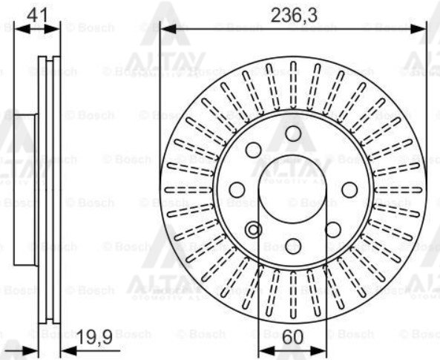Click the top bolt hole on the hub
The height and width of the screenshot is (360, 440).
pos(294,134)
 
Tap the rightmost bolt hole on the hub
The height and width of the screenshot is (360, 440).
pos(349,189)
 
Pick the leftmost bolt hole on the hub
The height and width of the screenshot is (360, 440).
pos(237,189)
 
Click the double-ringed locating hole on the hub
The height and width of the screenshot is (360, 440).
pos(255,229)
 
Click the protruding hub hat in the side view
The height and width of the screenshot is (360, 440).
pos(25,188)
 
